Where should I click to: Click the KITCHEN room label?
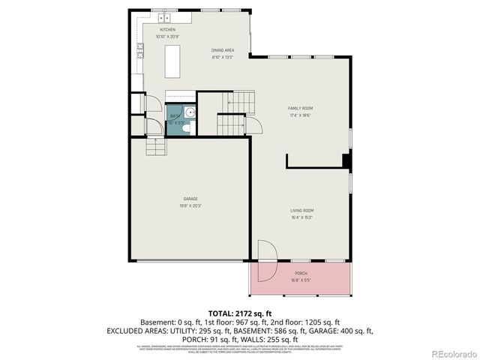tap(166, 30)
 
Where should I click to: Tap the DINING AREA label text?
tap(223, 50)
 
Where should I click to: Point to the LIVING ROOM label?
tap(301, 211)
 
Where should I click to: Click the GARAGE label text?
tap(190, 199)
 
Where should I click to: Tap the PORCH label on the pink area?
tap(301, 273)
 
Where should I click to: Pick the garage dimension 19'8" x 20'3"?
tap(190, 205)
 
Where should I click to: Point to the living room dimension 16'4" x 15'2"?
tap(301, 217)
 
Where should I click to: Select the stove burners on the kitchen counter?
tap(140, 51)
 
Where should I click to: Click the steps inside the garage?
tap(155, 148)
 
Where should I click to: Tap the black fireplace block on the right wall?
tap(346, 160)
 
